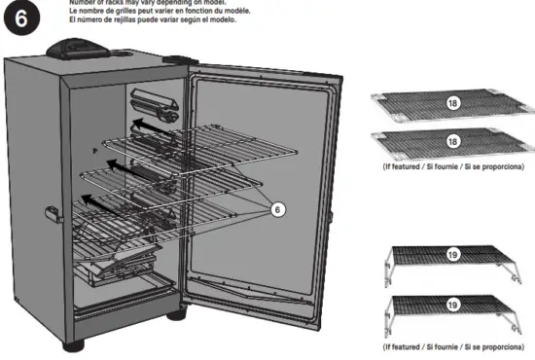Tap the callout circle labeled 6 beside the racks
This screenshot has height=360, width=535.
pyautogui.click(x=276, y=208)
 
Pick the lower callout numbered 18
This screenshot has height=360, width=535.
pyautogui.click(x=451, y=141)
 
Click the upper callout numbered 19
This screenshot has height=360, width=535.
pyautogui.click(x=451, y=259)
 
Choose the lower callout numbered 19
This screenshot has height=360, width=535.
pyautogui.click(x=451, y=306)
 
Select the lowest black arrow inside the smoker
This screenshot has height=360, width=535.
pyautogui.click(x=93, y=201)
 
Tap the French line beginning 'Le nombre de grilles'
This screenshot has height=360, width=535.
pyautogui.click(x=165, y=11)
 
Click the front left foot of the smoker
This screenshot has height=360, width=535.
pyautogui.click(x=73, y=344)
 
